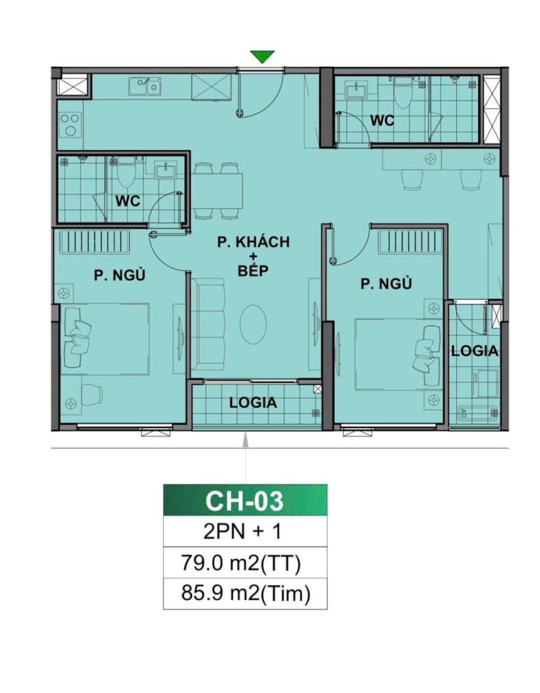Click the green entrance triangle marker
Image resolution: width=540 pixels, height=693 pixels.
tap(262, 57)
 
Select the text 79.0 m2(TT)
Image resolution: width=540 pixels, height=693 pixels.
tap(241, 564)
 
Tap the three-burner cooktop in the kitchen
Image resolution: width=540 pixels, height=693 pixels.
tap(70, 124)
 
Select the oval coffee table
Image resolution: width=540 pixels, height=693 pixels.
tap(253, 324)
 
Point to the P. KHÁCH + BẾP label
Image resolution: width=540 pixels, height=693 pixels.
tap(253, 256)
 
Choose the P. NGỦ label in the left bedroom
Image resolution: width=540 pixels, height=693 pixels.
tap(119, 275)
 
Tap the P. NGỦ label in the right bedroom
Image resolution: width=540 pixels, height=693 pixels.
tap(386, 283)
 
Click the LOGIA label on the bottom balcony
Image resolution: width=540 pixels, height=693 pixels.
tap(253, 403)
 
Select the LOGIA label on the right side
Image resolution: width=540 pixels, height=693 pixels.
tap(475, 351)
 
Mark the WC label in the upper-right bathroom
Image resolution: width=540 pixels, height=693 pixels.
tap(382, 120)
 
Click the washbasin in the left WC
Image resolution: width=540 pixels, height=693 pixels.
tap(165, 170)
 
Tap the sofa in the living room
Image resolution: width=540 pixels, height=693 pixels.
tap(210, 324)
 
